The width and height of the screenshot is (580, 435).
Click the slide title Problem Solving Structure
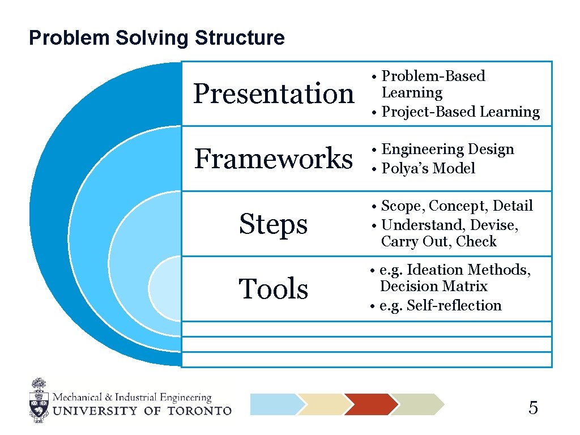pyautogui.click(x=156, y=38)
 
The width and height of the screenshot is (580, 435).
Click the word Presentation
pyautogui.click(x=273, y=93)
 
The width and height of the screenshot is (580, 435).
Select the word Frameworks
pyautogui.click(x=273, y=158)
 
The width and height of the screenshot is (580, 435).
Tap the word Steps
pyautogui.click(x=273, y=224)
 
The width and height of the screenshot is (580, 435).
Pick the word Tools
pyautogui.click(x=273, y=289)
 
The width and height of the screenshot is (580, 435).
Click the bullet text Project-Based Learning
pyautogui.click(x=460, y=112)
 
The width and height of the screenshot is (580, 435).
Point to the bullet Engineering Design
pyautogui.click(x=447, y=150)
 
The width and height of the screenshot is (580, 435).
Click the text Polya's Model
pyautogui.click(x=428, y=168)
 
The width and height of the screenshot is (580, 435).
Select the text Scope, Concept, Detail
pyautogui.click(x=457, y=206)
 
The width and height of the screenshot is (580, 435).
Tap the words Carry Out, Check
pyautogui.click(x=438, y=242)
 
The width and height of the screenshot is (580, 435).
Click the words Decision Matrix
pyautogui.click(x=433, y=287)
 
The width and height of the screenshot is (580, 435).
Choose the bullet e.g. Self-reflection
pyautogui.click(x=440, y=306)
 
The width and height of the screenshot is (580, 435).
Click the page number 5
pyautogui.click(x=533, y=408)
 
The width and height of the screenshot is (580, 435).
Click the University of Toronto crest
pyautogui.click(x=39, y=401)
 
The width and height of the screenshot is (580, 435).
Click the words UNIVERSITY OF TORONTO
pyautogui.click(x=142, y=411)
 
